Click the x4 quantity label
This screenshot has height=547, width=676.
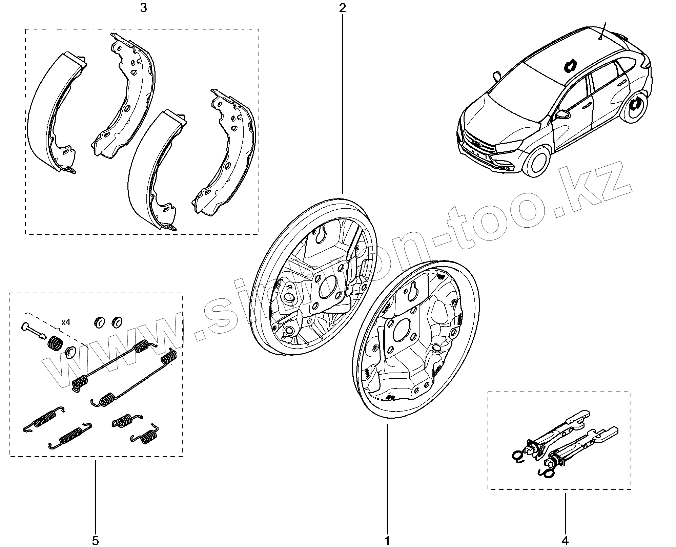pos(66,322)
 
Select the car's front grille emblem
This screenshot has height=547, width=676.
pos(477,145)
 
